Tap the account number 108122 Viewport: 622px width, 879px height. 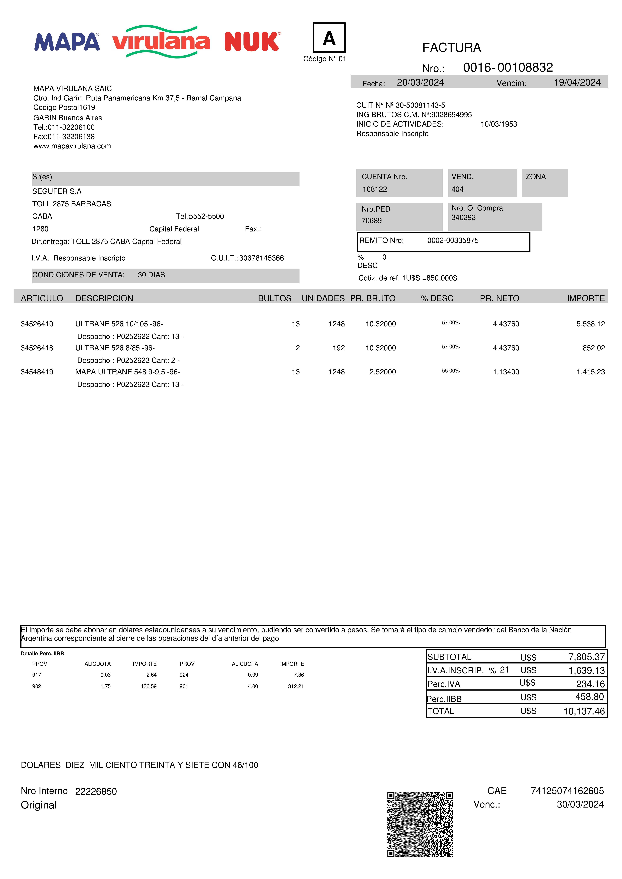pos(374,189)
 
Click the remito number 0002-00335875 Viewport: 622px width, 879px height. pos(453,240)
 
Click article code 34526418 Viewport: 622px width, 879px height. pos(37,348)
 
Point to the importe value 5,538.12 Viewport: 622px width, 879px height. pos(590,324)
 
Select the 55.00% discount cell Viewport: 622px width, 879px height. pos(451,371)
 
